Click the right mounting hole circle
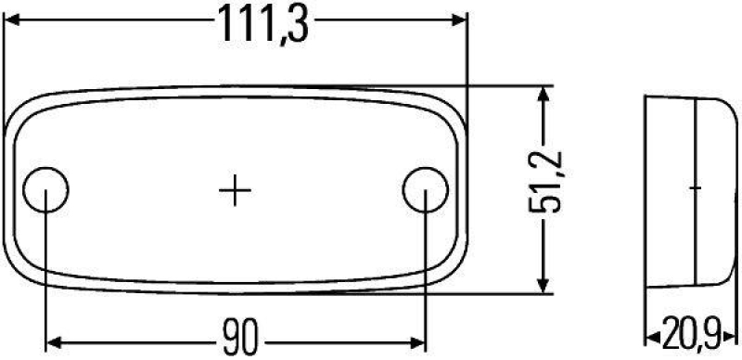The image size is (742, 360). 423,189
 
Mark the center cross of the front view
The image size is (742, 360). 237,189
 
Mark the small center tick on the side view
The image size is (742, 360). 695,189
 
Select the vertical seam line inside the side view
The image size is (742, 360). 695,139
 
